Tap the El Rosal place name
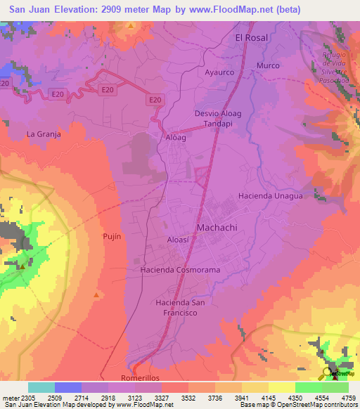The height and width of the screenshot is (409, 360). [252, 38]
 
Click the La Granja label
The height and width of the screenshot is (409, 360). [44, 134]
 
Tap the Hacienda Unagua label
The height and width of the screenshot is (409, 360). [270, 196]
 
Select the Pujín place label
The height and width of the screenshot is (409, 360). [112, 236]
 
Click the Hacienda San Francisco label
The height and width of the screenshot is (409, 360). [180, 307]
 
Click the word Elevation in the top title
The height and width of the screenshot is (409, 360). [72, 10]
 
